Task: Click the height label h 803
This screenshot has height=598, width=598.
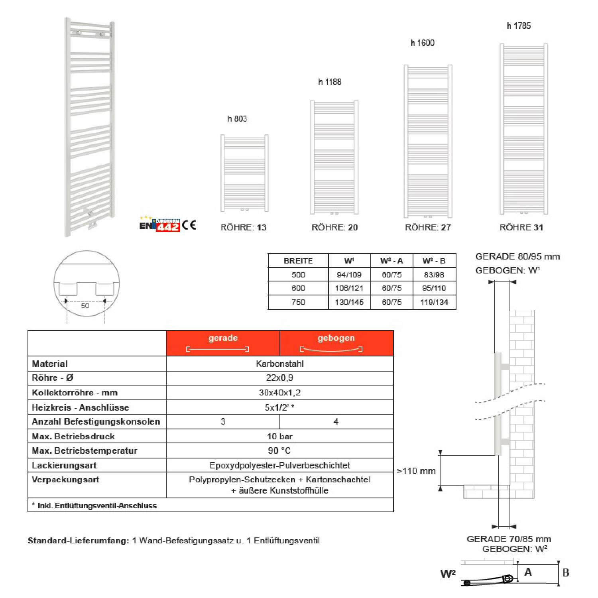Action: [x=237, y=119]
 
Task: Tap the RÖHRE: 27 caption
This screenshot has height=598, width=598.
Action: [x=428, y=228]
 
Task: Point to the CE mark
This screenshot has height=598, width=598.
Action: [x=189, y=225]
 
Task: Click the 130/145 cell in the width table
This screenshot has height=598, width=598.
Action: [x=349, y=302]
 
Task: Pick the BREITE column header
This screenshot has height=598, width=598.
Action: [x=298, y=261]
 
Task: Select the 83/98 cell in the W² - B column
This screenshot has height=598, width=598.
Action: [x=434, y=275]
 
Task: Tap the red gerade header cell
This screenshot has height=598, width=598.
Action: [x=223, y=343]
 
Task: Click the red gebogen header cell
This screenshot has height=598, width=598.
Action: [x=336, y=343]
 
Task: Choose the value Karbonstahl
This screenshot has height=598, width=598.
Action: [x=279, y=364]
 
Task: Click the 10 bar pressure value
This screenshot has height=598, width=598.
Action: [x=279, y=437]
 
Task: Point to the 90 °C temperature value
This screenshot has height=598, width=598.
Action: [x=279, y=451]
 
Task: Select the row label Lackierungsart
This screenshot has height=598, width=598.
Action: [x=64, y=465]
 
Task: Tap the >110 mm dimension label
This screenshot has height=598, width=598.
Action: [x=416, y=471]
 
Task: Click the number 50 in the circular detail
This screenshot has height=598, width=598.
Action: [x=85, y=306]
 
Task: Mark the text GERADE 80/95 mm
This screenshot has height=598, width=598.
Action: [x=517, y=257]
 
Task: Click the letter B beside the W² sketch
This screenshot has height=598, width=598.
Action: [x=565, y=573]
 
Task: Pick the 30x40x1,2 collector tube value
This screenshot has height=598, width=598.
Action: [x=279, y=393]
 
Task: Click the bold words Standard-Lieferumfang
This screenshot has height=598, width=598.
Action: [x=79, y=541]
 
